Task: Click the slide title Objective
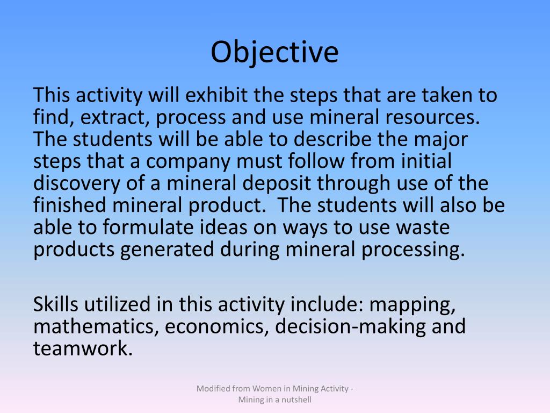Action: tap(274, 53)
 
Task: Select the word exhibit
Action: tap(218, 96)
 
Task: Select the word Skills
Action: tap(56, 304)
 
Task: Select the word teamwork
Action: tap(82, 348)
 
